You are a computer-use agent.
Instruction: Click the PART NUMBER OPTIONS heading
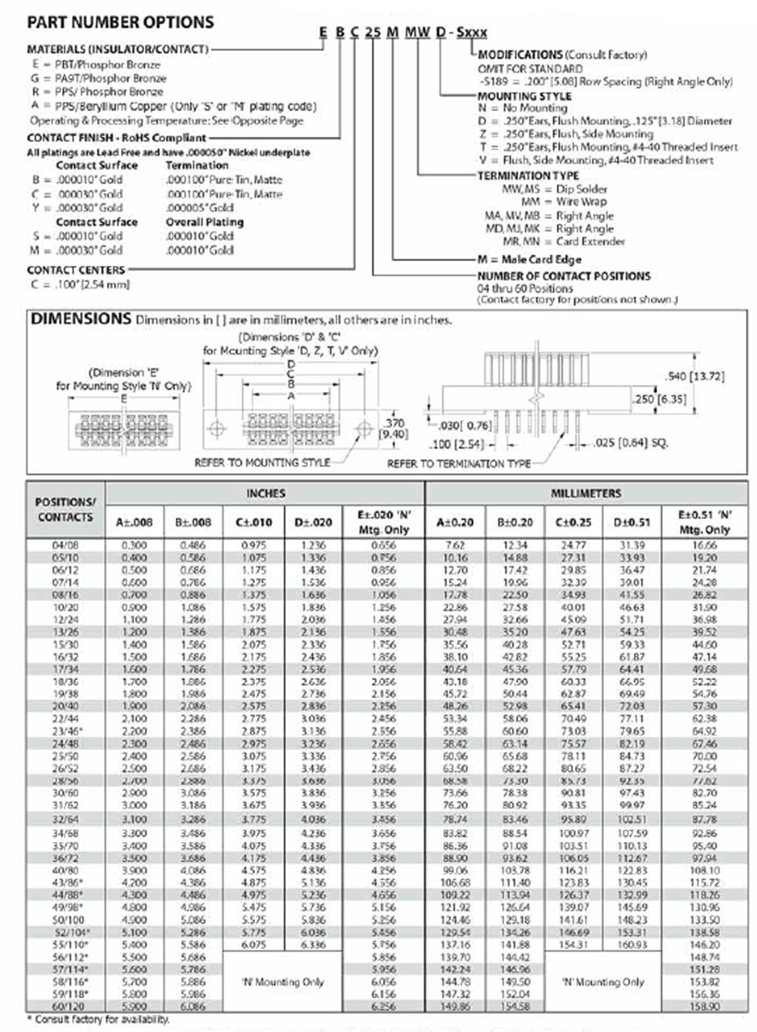click(x=120, y=23)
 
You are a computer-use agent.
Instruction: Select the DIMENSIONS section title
click(x=81, y=319)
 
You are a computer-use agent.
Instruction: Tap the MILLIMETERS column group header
click(x=586, y=493)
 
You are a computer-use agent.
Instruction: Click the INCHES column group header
click(x=266, y=493)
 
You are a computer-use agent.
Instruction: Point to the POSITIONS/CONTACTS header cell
click(x=66, y=510)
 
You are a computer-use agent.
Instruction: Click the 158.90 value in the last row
click(x=705, y=1006)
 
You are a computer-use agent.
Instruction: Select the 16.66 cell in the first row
click(x=705, y=545)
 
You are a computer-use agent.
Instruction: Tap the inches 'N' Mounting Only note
click(x=283, y=982)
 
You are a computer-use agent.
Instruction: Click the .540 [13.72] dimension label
click(x=695, y=377)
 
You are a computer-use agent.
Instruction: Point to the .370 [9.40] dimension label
click(x=394, y=428)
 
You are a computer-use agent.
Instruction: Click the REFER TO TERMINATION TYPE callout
click(x=459, y=464)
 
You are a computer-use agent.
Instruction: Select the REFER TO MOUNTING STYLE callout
click(x=262, y=462)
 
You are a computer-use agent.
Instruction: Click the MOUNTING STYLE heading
click(x=524, y=96)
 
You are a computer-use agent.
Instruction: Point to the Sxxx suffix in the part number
click(x=472, y=33)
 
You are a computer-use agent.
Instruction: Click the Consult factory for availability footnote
click(x=98, y=1019)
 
